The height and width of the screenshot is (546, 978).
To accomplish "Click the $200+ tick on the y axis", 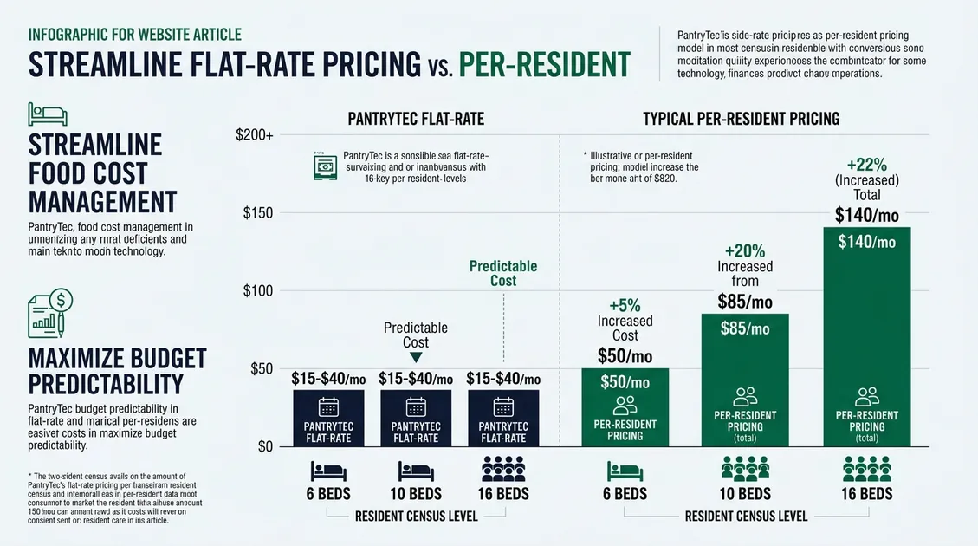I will [x=254, y=136].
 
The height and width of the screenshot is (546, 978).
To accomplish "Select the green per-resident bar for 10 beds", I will [x=744, y=381].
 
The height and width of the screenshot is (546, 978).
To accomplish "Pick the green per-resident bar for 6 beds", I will [x=625, y=408].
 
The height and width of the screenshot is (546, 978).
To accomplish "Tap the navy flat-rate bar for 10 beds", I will [x=416, y=419].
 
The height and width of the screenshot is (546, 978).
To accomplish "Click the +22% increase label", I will [x=867, y=164].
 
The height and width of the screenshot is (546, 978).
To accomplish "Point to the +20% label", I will [x=744, y=250].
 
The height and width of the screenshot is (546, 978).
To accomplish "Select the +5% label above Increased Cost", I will [x=625, y=304].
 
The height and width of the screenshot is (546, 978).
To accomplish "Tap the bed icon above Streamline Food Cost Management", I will [x=42, y=112].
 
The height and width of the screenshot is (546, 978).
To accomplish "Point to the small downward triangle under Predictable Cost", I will [x=416, y=356].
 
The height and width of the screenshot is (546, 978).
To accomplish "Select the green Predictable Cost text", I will [x=503, y=273].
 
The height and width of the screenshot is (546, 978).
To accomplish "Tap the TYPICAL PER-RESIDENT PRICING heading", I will [x=741, y=118].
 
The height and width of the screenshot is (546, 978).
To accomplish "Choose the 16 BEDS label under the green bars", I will [x=867, y=493].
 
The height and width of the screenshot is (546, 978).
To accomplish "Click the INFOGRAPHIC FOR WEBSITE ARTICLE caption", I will [x=134, y=35].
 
